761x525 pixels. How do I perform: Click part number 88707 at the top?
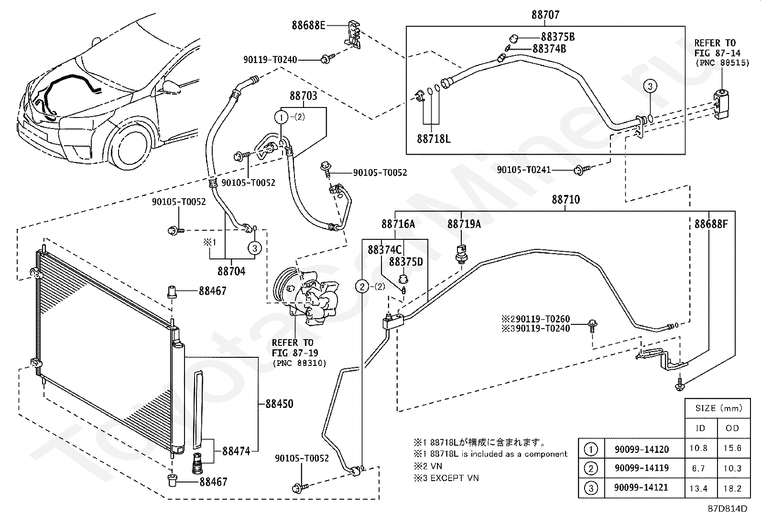545,15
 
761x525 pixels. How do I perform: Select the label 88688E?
308,25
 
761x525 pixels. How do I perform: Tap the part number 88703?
304,96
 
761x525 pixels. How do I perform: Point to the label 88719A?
464,224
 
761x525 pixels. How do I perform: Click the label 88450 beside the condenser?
279,404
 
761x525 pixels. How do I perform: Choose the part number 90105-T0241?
524,170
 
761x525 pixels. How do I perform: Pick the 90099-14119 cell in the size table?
641,468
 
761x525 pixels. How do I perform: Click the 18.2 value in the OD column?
732,488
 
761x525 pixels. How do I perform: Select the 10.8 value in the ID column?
698,448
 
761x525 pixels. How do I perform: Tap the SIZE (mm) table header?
718,408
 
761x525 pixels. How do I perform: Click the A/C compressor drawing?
306,295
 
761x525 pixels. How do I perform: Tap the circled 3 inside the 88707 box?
650,86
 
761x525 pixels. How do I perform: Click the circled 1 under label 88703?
281,118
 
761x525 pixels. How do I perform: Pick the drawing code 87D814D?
728,508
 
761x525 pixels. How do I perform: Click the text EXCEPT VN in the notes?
455,478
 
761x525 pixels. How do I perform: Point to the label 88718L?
434,139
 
